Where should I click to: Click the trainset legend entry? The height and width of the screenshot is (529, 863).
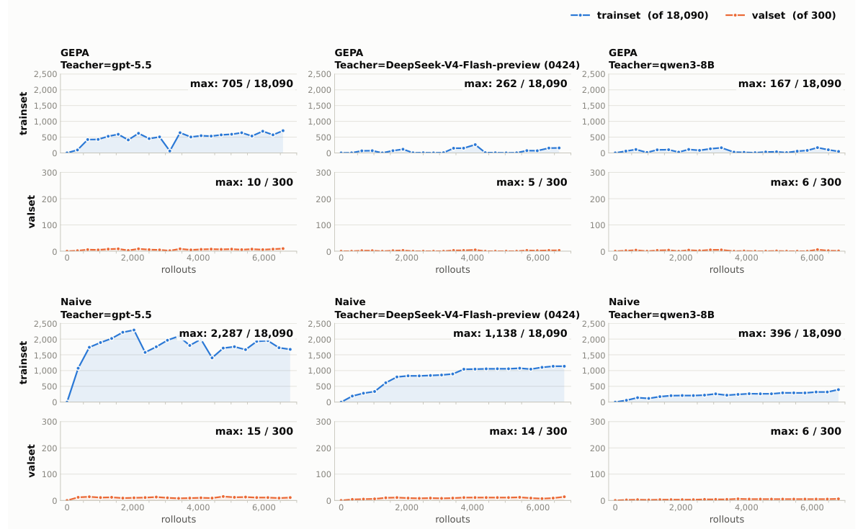pyautogui.click(x=640, y=15)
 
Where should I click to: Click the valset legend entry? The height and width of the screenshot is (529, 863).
pyautogui.click(x=780, y=15)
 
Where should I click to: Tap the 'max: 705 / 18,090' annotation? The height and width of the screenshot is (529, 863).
pyautogui.click(x=241, y=83)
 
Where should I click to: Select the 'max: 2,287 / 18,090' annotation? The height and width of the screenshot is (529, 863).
pyautogui.click(x=236, y=333)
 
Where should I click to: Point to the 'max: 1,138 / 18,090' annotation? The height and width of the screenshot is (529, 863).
pyautogui.click(x=510, y=333)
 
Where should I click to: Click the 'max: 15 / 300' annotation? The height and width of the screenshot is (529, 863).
pyautogui.click(x=254, y=431)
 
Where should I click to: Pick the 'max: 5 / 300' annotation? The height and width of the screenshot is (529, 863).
pyautogui.click(x=532, y=182)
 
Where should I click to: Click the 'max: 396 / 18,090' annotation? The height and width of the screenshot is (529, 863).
pyautogui.click(x=790, y=333)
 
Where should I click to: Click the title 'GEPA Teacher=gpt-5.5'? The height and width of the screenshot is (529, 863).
pyautogui.click(x=106, y=59)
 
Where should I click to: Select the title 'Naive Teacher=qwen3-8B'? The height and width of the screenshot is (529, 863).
pyautogui.click(x=661, y=309)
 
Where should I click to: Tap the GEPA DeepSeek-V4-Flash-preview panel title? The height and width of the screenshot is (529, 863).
pyautogui.click(x=457, y=59)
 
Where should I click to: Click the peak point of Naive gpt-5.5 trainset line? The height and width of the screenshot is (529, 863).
pyautogui.click(x=134, y=330)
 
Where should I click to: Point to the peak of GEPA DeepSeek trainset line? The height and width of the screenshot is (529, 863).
pyautogui.click(x=475, y=145)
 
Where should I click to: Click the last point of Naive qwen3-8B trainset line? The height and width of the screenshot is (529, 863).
pyautogui.click(x=839, y=389)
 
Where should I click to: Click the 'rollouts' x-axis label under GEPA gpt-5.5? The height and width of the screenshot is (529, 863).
pyautogui.click(x=179, y=269)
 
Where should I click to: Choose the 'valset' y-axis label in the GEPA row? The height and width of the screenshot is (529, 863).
pyautogui.click(x=31, y=212)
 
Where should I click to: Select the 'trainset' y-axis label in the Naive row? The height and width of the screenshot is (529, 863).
pyautogui.click(x=23, y=362)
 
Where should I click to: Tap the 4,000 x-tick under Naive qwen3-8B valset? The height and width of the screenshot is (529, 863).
pyautogui.click(x=746, y=507)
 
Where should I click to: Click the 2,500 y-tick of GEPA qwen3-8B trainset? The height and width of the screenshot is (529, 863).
pyautogui.click(x=595, y=74)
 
